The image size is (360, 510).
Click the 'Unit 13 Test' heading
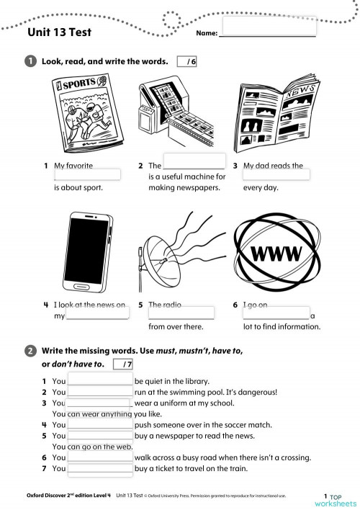pyautogui.click(x=59, y=32)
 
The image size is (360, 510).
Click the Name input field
pyautogui.click(x=269, y=27)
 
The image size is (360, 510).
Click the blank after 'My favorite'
pyautogui.click(x=87, y=175)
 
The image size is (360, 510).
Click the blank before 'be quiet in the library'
pyautogui.click(x=100, y=380)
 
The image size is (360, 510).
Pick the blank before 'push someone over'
pyautogui.click(x=100, y=425)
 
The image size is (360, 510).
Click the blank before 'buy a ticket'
pyautogui.click(x=100, y=469)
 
